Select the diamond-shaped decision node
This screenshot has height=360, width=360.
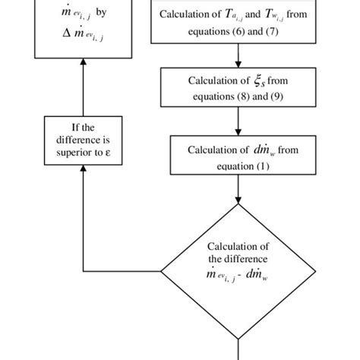point(238,271)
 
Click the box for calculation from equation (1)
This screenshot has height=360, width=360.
point(238,156)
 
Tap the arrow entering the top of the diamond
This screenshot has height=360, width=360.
point(238,199)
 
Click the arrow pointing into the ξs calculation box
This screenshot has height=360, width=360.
point(238,63)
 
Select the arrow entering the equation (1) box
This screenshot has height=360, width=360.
point(238,131)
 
